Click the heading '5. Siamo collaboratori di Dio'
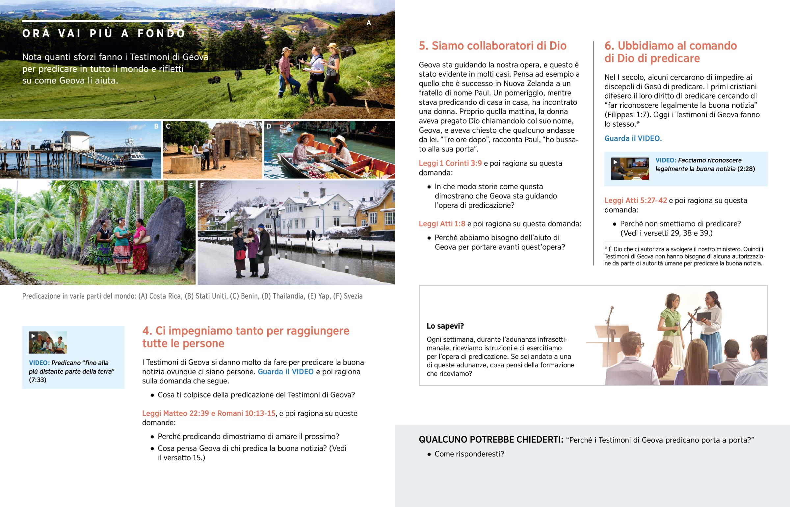click(492, 46)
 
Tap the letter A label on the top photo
click(369, 23)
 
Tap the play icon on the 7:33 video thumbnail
click(33, 336)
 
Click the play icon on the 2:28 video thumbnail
click(615, 162)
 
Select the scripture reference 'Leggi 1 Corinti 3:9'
click(450, 163)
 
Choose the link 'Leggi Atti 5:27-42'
click(635, 200)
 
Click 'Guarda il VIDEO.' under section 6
click(633, 139)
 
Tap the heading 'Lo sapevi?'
click(445, 326)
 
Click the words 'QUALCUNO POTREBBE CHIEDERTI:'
click(491, 440)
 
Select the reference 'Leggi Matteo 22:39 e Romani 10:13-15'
click(208, 413)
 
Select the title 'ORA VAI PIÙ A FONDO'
click(104, 33)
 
